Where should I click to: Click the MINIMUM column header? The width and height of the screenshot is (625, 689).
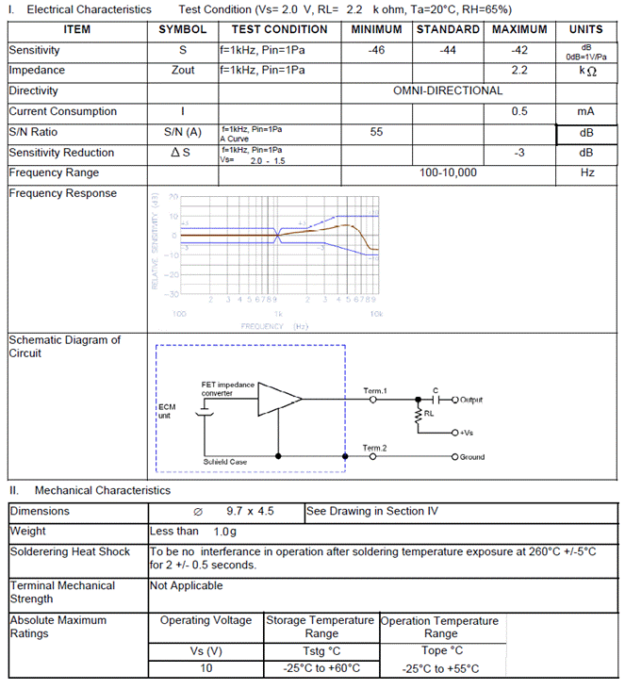376,29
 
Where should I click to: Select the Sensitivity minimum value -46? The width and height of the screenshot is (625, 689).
376,50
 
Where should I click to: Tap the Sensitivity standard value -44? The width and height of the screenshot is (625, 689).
448,50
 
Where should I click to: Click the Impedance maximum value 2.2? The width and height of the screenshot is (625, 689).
519,71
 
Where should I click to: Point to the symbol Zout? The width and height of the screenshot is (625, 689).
183,71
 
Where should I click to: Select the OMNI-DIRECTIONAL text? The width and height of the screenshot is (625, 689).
448,91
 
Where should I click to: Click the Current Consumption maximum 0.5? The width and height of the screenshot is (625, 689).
519,111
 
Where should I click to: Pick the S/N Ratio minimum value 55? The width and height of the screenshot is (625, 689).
376,132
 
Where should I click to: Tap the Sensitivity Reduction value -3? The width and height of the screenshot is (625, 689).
519,153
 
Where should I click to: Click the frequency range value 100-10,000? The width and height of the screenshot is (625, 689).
448,173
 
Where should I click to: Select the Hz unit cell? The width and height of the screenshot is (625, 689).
586,173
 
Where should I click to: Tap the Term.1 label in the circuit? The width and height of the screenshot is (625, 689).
375,390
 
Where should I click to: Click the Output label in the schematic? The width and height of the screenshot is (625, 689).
471,400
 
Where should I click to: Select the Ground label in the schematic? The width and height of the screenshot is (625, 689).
472,457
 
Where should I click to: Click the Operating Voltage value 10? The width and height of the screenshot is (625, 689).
206,668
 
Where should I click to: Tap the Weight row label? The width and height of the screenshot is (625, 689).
27,532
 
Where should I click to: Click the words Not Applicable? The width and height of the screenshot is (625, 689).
187,585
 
